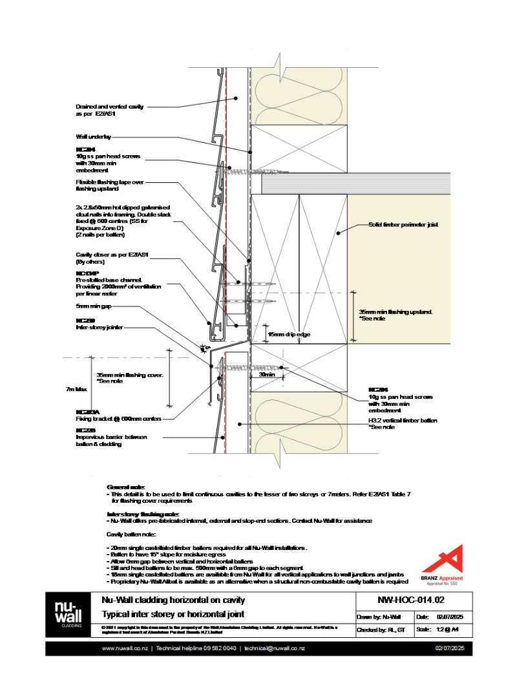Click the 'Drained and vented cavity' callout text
click(x=109, y=107)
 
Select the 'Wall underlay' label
click(x=94, y=137)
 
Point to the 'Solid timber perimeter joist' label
click(x=403, y=225)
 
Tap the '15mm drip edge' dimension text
click(x=286, y=335)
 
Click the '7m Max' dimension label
click(x=76, y=389)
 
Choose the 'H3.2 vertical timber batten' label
click(x=398, y=421)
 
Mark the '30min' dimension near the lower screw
click(x=266, y=374)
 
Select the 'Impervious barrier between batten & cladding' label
click(x=111, y=440)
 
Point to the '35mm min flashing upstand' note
click(x=396, y=312)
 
